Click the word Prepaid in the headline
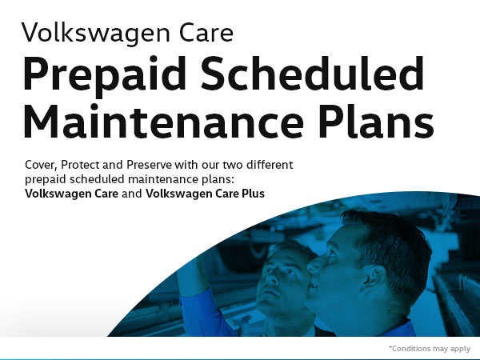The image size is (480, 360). click(105, 77)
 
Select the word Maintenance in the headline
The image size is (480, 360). click(164, 121)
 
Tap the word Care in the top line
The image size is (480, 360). click(206, 32)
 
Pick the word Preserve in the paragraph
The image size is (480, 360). click(149, 165)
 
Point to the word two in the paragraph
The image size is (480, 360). click(233, 165)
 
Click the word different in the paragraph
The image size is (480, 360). click(270, 164)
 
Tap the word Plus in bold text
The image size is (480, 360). click(253, 194)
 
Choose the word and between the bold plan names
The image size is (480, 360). click(132, 194)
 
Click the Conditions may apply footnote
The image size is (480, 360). click(430, 348)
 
